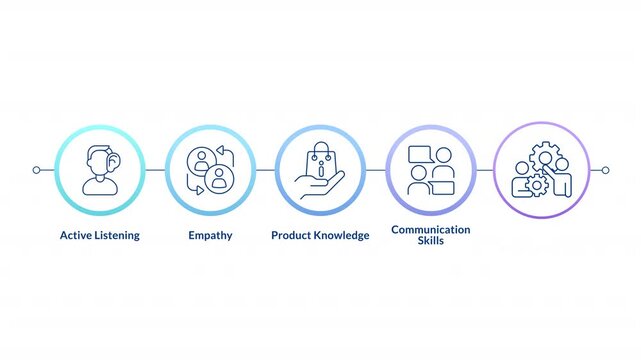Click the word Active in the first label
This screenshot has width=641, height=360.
point(76,236)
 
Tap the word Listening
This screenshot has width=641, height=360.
point(116,236)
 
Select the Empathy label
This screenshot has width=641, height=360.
point(210,236)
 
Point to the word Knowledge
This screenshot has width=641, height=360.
point(342,236)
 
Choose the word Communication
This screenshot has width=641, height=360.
point(430,230)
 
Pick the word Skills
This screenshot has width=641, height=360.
point(430,242)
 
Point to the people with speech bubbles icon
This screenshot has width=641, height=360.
point(431,170)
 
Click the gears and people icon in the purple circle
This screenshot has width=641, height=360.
point(541,170)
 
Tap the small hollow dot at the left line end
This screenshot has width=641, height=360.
point(36,170)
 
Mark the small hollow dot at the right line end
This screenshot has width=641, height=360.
point(605,170)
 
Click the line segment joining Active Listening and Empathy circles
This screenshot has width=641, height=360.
point(155,170)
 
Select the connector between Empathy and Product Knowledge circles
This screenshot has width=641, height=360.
point(265,170)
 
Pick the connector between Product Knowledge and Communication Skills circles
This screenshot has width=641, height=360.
point(376,170)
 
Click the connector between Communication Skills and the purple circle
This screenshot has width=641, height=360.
point(486,170)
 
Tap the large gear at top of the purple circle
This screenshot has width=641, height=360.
point(547,152)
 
